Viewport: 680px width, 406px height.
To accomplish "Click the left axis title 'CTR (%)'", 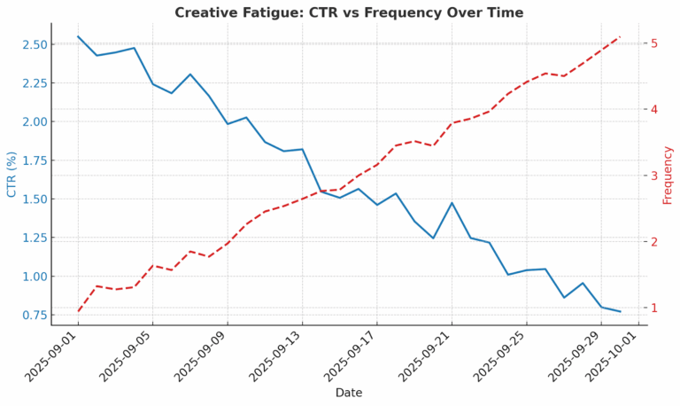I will point(12,174).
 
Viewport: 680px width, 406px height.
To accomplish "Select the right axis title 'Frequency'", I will point(668,175).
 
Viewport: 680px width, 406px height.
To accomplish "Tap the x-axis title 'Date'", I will point(348,393).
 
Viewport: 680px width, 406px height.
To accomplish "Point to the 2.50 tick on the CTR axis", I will point(34,44).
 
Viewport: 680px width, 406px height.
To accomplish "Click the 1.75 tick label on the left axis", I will point(34,160).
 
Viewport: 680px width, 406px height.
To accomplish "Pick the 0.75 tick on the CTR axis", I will point(34,315).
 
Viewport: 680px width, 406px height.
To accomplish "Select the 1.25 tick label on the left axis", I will point(34,238).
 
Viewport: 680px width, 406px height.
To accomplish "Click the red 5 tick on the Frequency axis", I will point(653,43).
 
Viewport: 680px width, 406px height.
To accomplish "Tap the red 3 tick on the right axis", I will point(653,176).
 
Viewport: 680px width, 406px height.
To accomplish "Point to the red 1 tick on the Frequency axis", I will point(653,308).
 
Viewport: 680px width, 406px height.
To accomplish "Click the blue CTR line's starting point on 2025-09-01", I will point(78,36).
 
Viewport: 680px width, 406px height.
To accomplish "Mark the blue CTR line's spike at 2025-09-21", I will point(452,203).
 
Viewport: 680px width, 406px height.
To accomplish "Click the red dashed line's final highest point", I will point(620,37).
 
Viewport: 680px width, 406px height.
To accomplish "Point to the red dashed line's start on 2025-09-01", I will point(78,311).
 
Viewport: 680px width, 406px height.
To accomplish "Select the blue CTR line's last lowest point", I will point(620,312).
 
